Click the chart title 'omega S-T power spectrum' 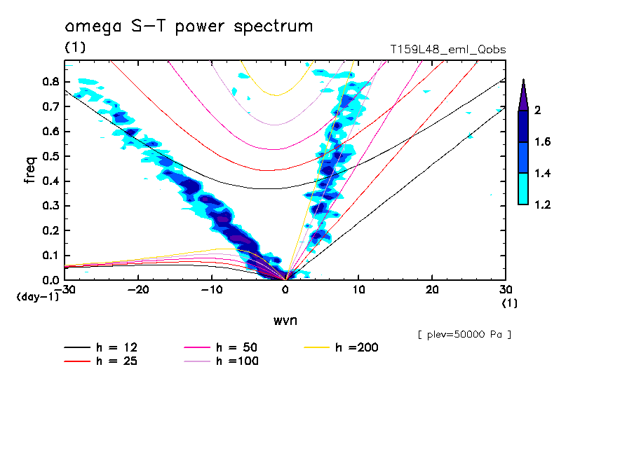(189, 27)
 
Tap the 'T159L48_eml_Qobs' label (447, 50)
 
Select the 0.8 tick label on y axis (50, 81)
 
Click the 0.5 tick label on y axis (50, 156)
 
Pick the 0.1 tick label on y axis (50, 256)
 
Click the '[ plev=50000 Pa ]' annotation (464, 335)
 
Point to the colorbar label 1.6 (542, 142)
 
